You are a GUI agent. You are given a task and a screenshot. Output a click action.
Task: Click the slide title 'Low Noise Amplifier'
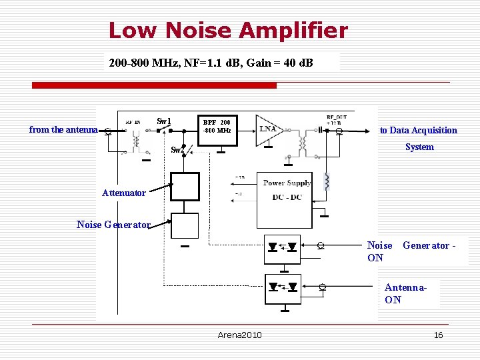[228, 31]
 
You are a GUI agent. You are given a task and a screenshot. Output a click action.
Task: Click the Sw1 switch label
[164, 121]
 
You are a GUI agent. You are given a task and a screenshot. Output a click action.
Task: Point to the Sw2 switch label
[177, 150]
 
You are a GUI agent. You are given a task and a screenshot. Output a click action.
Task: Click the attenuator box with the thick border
[185, 186]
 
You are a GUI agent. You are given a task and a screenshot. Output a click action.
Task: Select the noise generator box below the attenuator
[185, 225]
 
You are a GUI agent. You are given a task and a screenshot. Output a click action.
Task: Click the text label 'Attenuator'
[123, 193]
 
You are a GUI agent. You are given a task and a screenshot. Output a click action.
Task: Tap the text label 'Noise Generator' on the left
[113, 225]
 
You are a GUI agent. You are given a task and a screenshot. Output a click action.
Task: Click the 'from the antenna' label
[63, 130]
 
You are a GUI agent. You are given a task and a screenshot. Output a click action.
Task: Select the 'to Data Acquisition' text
[419, 131]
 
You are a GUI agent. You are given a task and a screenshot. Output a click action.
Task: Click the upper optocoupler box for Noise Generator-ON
[283, 247]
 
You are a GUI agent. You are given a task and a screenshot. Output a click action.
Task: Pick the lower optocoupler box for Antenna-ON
[283, 288]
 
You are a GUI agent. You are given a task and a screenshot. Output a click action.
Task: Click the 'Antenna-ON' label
[405, 293]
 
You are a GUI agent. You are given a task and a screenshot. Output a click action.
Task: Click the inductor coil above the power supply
[327, 181]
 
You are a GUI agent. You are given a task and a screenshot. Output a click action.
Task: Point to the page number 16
[438, 335]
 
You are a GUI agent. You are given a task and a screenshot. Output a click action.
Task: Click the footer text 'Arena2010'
[239, 335]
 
